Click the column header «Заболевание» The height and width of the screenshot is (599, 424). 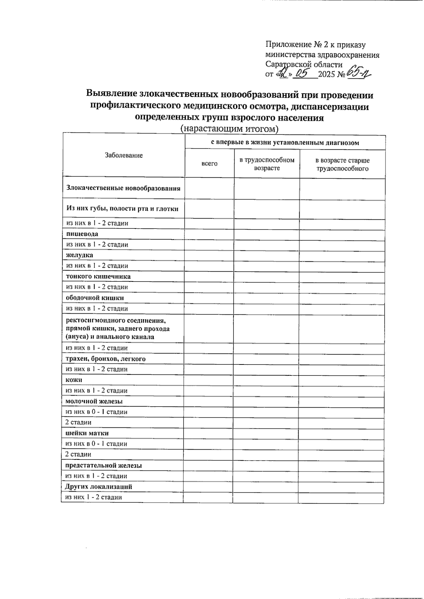(124, 155)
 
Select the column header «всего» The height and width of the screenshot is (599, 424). (209, 164)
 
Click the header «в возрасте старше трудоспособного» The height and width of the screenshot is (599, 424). (342, 165)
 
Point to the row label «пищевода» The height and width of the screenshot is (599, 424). (82, 234)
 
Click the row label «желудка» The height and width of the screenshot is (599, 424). (79, 255)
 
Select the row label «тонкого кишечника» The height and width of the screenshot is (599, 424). (98, 277)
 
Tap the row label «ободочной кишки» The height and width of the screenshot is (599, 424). (95, 298)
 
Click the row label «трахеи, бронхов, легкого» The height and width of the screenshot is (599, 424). (106, 359)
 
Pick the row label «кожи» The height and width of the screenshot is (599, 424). (74, 380)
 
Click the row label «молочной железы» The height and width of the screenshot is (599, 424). (94, 402)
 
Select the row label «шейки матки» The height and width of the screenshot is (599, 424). (87, 433)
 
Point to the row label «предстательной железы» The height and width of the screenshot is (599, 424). (104, 465)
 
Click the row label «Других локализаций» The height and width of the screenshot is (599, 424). (99, 487)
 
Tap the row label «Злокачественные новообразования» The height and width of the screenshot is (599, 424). (123, 188)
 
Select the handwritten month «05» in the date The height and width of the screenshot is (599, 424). (302, 73)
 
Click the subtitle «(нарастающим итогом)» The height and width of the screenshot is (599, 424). (229, 129)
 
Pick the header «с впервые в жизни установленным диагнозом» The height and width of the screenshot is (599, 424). (285, 143)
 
